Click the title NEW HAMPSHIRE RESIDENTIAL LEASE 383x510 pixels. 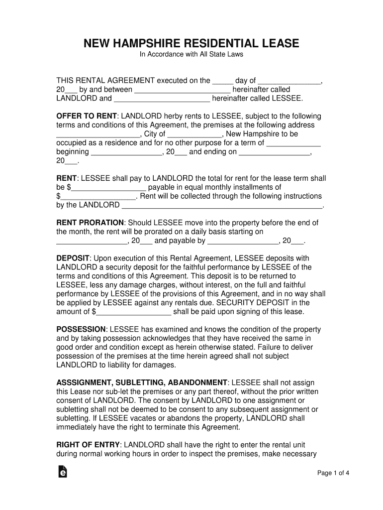tap(191, 43)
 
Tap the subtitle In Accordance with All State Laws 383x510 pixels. tap(191, 54)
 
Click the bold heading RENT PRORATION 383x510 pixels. tap(90, 223)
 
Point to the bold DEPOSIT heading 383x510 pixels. tap(73, 258)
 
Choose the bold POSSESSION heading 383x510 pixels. tap(82, 330)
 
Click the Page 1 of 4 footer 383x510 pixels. tap(333, 473)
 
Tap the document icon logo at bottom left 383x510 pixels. tap(63, 472)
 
